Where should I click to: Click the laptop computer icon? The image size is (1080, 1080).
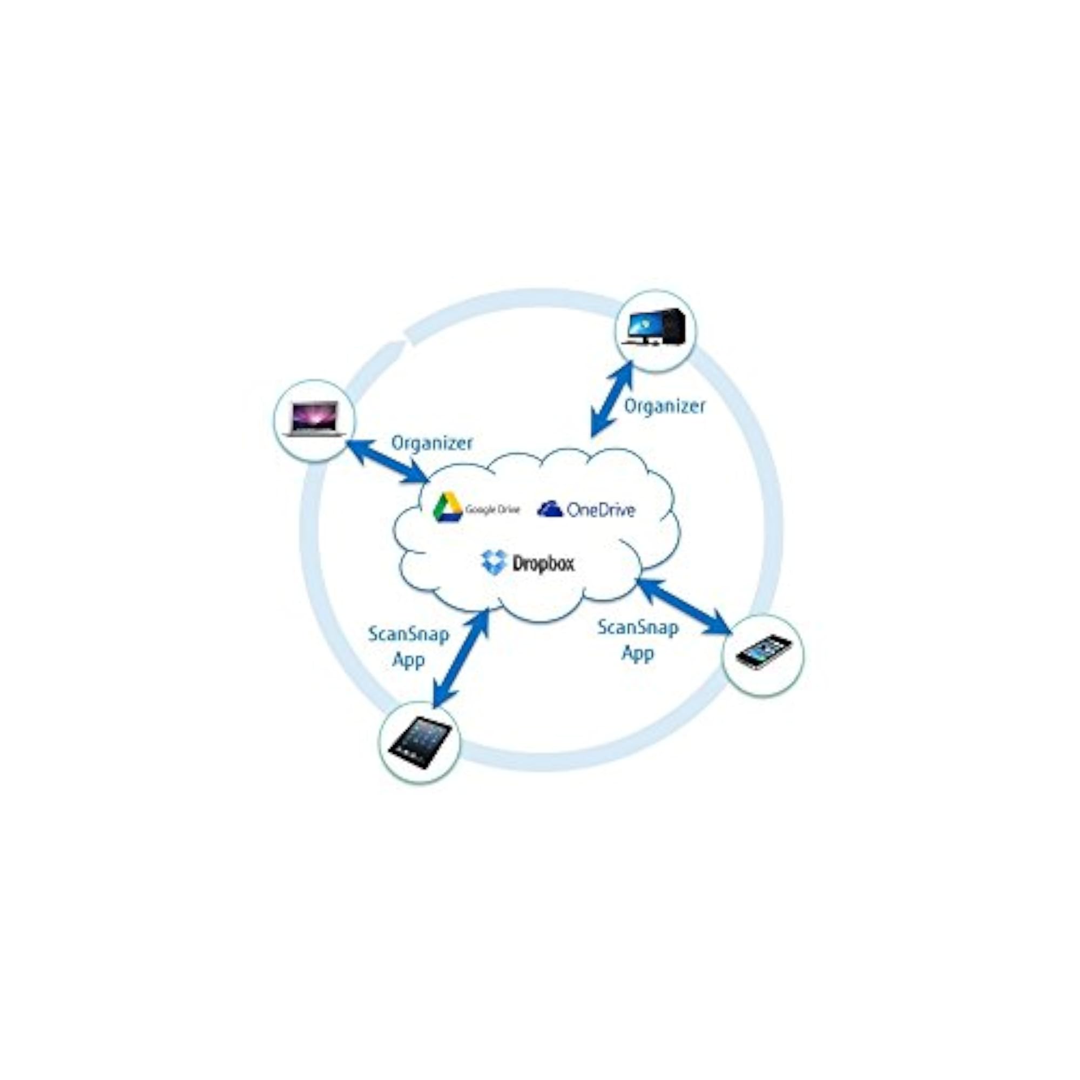(x=314, y=418)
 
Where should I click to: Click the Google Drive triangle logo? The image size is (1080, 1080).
(x=448, y=507)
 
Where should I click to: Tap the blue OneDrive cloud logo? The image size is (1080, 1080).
(x=550, y=509)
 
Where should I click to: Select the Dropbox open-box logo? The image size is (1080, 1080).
(x=494, y=562)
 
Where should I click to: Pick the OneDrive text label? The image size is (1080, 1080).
(x=601, y=509)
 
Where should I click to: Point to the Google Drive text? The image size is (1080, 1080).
(x=492, y=509)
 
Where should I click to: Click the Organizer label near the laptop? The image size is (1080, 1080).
(x=431, y=443)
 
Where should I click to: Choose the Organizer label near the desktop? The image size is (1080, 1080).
(x=665, y=407)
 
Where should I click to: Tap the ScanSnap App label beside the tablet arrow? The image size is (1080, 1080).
(x=409, y=647)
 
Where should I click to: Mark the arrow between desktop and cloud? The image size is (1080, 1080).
(x=612, y=399)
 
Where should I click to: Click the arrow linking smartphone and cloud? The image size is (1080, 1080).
(x=685, y=607)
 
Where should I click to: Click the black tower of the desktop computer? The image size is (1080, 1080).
(x=673, y=327)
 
